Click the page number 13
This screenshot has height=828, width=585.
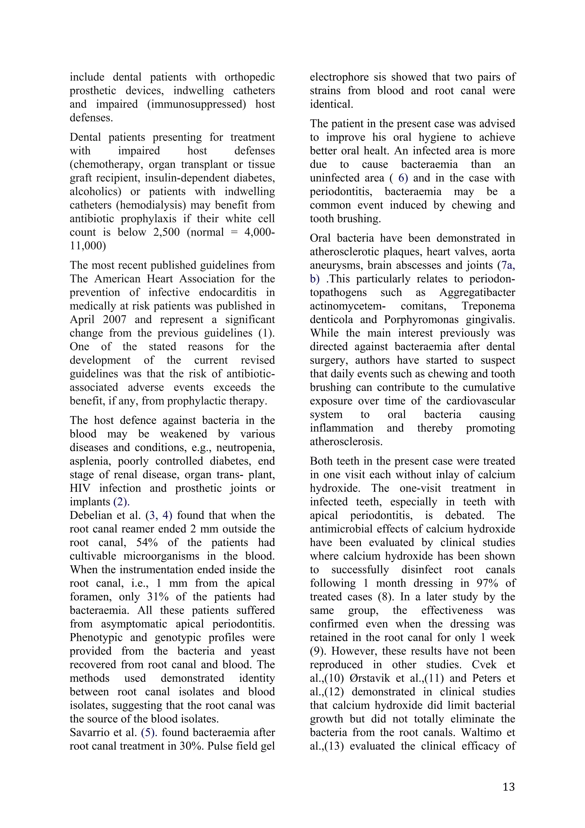coord(508,787)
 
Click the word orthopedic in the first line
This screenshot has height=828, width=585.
coord(249,77)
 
